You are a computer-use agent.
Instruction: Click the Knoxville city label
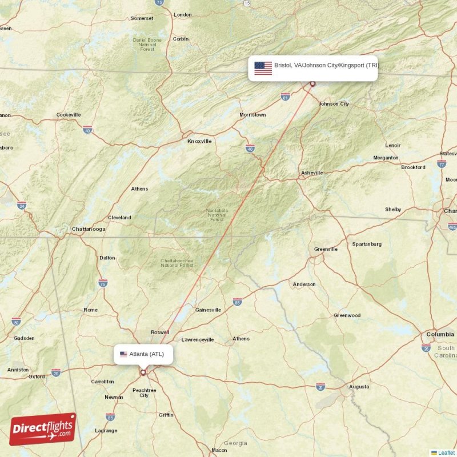pos(199,141)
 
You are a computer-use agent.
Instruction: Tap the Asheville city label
pos(312,173)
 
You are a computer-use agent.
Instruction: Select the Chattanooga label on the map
pos(88,229)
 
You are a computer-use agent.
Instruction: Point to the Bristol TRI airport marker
pos(312,84)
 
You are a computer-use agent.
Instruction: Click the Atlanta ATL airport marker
pos(143,372)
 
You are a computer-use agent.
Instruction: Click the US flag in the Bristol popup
pos(263,68)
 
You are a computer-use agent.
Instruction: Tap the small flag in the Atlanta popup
pos(123,354)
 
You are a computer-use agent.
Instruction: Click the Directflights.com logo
pos(43,429)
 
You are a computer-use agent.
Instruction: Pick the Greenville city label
pos(326,249)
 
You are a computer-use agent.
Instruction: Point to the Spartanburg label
pos(367,244)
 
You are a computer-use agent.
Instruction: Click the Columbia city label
pos(440,334)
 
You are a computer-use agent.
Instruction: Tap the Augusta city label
pos(359,387)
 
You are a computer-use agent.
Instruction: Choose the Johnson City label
pos(334,104)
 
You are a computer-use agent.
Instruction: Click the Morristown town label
pos(252,115)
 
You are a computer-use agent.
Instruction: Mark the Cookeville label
pos(69,115)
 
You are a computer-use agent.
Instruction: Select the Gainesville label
pos(208,310)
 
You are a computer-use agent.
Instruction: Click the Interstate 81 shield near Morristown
pos(285,97)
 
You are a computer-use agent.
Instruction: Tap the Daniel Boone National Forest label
pos(147,45)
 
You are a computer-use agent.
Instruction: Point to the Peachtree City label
pos(144,392)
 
